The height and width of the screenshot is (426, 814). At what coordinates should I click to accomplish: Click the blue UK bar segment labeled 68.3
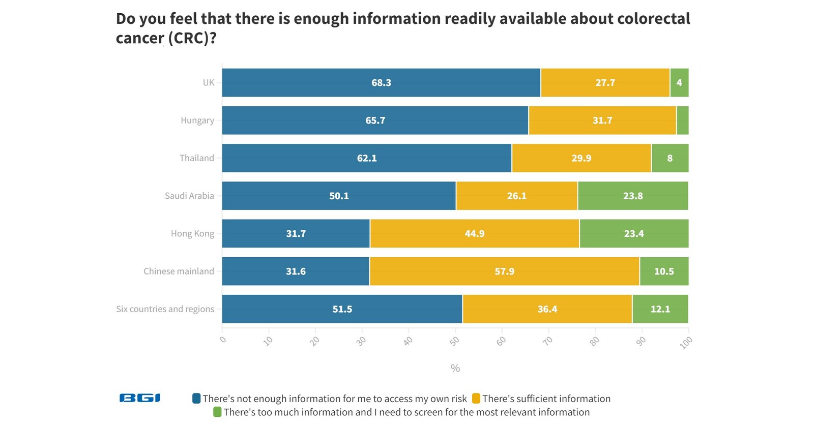click(381, 83)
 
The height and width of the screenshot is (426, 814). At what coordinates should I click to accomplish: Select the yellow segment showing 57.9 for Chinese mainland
click(504, 271)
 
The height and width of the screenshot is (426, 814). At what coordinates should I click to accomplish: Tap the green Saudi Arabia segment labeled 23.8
click(633, 196)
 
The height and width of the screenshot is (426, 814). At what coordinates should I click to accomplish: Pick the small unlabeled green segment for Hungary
click(683, 120)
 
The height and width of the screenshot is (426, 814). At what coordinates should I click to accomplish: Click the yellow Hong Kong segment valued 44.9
click(474, 234)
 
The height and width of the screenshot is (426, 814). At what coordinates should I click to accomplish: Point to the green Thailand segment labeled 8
click(670, 158)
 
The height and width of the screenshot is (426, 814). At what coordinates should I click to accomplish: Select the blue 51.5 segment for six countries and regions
click(342, 309)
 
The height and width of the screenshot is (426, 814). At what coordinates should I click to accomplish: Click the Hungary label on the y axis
click(197, 120)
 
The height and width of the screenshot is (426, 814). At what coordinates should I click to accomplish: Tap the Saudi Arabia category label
click(189, 196)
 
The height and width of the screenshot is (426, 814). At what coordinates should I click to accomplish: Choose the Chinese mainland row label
click(179, 271)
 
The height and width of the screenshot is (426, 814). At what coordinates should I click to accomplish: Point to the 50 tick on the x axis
click(454, 341)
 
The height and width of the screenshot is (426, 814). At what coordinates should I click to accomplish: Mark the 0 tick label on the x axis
click(223, 340)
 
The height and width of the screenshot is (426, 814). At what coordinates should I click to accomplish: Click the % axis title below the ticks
click(455, 368)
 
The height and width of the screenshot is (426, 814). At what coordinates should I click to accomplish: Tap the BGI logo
click(140, 398)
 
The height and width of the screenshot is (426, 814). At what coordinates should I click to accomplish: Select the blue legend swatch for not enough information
click(196, 399)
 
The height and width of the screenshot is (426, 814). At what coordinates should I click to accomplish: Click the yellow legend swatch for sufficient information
click(476, 399)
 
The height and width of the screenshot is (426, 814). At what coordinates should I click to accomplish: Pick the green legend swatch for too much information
click(217, 412)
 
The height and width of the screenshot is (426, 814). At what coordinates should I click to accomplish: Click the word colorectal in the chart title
click(653, 19)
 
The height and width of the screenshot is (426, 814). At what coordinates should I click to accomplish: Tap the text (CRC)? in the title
click(192, 38)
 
